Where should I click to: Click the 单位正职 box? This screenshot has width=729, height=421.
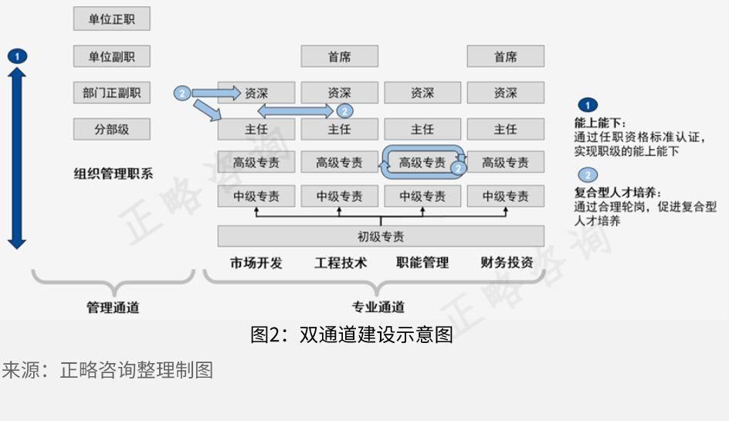(111, 19)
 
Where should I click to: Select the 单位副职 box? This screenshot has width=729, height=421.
(111, 56)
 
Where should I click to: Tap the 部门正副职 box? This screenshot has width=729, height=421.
(111, 93)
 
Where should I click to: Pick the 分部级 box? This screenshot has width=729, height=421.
(111, 129)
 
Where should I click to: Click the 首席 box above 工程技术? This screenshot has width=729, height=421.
(339, 56)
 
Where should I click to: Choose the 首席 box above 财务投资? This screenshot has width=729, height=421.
(505, 56)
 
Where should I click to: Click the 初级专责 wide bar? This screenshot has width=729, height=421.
(380, 236)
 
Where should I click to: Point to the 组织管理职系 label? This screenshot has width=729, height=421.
(114, 174)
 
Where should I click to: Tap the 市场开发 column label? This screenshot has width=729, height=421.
(256, 263)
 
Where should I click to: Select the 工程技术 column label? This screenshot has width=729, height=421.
(340, 263)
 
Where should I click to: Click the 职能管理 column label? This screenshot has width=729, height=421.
(422, 263)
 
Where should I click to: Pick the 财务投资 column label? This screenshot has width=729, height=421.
(506, 263)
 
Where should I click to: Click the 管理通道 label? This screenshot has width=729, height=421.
(113, 307)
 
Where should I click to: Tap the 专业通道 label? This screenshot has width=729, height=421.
(378, 307)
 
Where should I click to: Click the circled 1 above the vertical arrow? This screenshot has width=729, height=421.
(17, 56)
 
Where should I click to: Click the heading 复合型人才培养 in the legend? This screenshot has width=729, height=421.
(618, 192)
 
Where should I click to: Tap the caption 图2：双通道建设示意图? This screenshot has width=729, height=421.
(351, 335)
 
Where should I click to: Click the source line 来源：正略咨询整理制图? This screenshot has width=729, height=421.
(107, 371)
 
